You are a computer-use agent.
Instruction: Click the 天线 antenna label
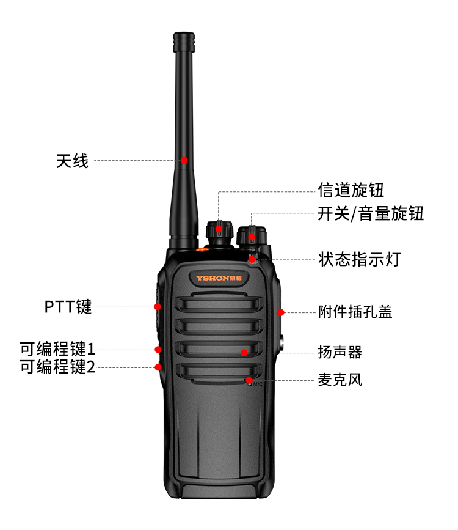72,161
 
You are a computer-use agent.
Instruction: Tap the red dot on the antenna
184,160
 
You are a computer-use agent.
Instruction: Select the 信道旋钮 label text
351,190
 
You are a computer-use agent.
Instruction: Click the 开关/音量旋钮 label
370,213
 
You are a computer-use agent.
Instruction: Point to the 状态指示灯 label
359,260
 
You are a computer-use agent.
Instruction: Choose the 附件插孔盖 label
355,312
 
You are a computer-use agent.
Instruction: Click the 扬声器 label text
340,352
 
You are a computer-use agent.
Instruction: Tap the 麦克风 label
340,380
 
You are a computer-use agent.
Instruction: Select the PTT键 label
68,307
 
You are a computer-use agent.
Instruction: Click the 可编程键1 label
57,349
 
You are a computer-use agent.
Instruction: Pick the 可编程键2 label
57,367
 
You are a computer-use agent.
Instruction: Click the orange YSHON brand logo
219,278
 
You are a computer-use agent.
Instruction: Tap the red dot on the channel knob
219,229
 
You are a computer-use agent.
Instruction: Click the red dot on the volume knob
252,237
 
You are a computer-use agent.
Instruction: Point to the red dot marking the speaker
244,353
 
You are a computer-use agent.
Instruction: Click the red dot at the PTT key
158,307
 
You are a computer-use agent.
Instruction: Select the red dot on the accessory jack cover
281,312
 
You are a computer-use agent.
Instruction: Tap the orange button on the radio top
202,249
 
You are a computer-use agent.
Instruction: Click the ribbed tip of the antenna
184,42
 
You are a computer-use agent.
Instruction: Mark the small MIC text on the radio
258,385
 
